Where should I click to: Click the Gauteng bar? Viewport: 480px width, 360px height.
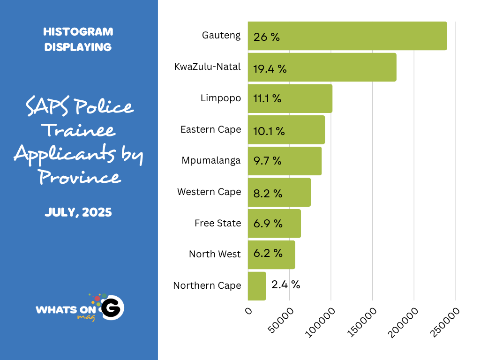coord(347,36)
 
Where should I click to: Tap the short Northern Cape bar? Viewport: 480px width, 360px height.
coord(257,286)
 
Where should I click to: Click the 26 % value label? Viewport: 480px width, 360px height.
coord(266,37)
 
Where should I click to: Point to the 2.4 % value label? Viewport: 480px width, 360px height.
coord(285,285)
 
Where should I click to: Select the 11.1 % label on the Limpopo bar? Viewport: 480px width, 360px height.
coord(267,99)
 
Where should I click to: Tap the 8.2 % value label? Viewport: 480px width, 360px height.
coord(268,193)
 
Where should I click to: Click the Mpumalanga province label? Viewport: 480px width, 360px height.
coord(211,160)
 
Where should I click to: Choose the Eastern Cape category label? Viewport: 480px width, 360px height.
coord(210,129)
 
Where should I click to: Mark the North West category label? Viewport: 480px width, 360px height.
coord(215,254)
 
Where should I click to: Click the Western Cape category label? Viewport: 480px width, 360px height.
coord(209,192)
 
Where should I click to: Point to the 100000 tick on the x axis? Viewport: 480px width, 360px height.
coord(321,322)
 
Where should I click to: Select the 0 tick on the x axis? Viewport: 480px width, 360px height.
coord(248,311)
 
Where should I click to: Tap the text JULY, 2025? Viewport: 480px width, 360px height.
coord(78,212)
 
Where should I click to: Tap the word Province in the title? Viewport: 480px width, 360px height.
coord(79,177)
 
